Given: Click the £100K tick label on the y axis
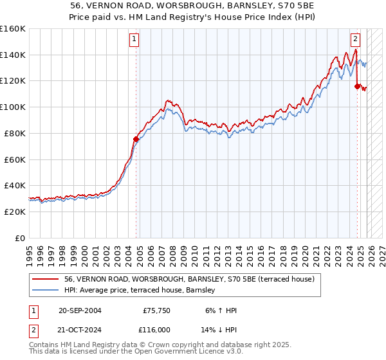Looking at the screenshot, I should (13, 107).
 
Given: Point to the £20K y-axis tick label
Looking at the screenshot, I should (15, 212).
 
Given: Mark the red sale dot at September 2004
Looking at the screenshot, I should (136, 138).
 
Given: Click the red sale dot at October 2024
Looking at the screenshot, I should (357, 85).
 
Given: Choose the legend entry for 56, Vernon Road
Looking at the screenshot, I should (189, 279).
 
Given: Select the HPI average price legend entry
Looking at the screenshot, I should (142, 291).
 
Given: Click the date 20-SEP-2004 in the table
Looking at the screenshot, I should (79, 310).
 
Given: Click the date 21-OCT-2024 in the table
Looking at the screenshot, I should (79, 329).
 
